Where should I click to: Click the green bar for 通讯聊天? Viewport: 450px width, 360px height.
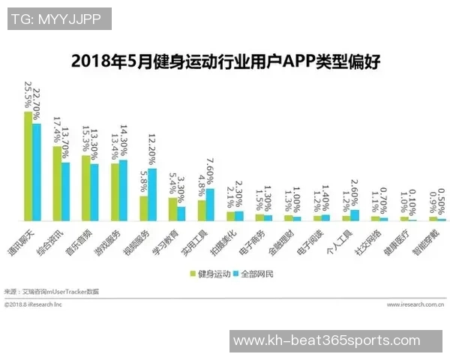coord(28,166)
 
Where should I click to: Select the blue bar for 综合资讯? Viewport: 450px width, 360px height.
coord(66,191)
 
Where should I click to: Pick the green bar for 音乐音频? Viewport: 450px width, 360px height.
coord(85,187)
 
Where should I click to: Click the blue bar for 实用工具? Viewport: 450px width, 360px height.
coord(211,204)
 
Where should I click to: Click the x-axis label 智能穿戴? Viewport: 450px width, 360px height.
coord(431,239)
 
